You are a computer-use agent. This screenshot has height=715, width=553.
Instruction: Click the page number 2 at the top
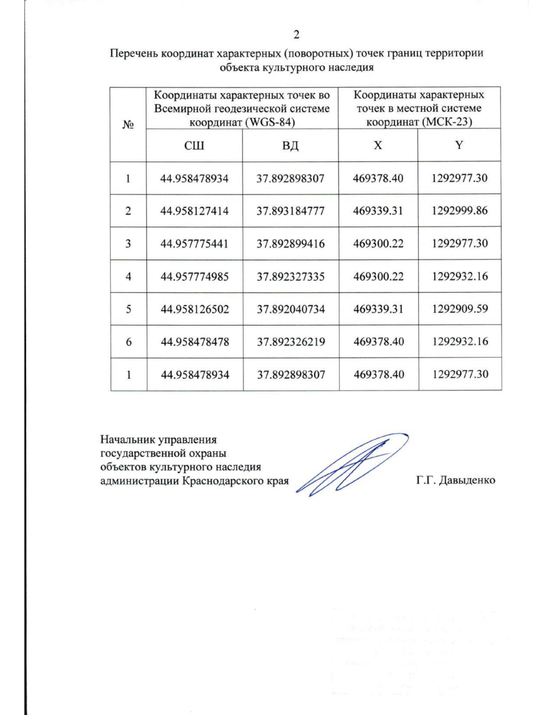coord(296,35)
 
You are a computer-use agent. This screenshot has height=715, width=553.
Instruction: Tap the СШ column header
coord(194,145)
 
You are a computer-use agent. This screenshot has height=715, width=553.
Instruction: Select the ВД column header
coord(290,145)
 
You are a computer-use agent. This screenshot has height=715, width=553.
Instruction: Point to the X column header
coord(378,145)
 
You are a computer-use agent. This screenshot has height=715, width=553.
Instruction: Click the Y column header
coord(459,145)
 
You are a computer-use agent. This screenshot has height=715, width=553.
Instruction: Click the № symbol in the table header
coord(128,125)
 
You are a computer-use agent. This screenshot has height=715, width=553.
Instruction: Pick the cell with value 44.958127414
coord(194,211)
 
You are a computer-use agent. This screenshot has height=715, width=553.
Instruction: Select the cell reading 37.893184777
coord(290,211)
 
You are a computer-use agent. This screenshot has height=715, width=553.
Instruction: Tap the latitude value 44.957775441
coord(194,244)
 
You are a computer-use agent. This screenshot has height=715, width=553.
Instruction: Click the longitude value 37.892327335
coord(290,276)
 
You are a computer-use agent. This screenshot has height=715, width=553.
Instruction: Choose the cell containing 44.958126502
coord(194,309)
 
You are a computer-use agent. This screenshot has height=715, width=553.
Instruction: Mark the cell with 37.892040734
coord(291,309)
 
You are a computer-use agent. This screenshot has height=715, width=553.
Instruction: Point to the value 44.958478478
coord(194,342)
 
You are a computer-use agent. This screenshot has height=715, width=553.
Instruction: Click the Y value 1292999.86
coord(459,210)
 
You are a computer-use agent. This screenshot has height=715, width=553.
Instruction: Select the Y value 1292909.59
coord(460,308)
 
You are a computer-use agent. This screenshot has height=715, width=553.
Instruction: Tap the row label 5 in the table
coord(129,309)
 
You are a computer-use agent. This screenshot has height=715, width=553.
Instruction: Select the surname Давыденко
coord(466,480)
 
